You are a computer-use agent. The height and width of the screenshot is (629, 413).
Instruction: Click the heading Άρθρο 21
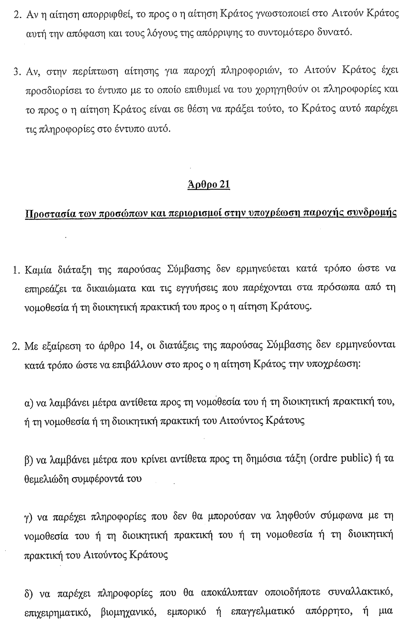pos(208,184)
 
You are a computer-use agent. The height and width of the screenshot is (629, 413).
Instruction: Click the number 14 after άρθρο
pos(130,346)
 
